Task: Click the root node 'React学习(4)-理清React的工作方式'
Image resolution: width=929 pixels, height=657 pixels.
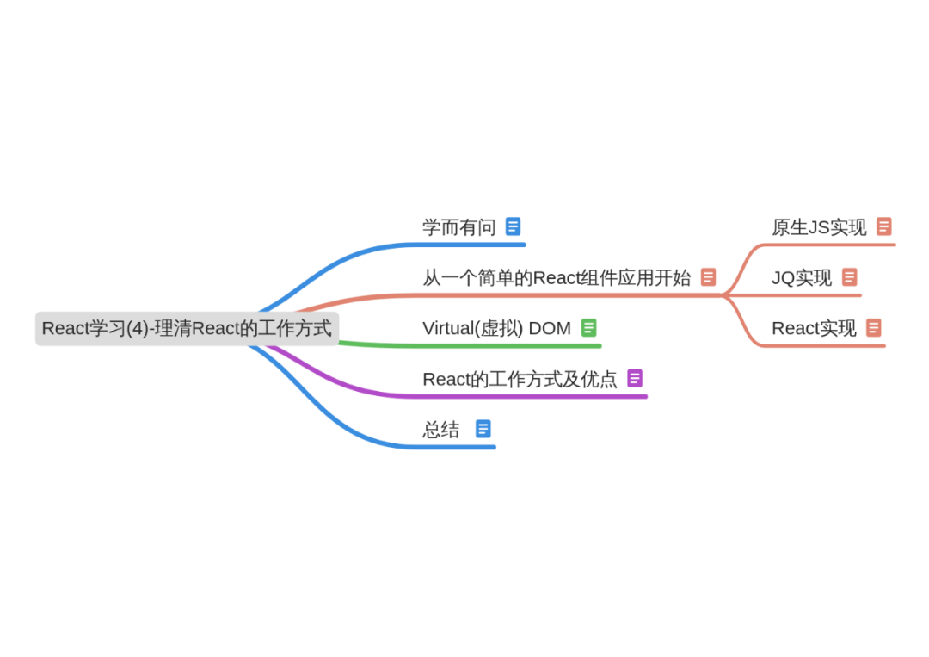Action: (x=187, y=328)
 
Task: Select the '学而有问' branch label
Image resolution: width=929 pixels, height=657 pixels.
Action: (x=458, y=227)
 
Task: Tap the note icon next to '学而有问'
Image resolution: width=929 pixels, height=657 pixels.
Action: (x=514, y=226)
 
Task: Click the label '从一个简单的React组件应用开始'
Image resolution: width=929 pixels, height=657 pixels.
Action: (x=557, y=277)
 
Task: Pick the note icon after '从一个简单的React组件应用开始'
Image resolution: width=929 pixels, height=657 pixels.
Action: (x=709, y=276)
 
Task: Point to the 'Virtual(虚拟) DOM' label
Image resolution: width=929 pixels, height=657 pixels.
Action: (x=496, y=328)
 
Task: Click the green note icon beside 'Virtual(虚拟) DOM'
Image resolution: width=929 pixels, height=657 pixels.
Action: (x=589, y=327)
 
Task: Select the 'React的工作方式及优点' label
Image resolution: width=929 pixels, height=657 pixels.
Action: (x=520, y=379)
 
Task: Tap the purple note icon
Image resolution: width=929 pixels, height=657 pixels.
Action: (x=635, y=378)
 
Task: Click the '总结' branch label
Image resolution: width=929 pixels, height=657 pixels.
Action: (x=441, y=430)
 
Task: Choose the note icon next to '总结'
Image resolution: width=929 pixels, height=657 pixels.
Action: (x=483, y=429)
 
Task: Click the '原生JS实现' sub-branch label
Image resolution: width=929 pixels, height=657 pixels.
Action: (x=819, y=227)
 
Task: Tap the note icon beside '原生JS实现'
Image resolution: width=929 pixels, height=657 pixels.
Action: (x=884, y=226)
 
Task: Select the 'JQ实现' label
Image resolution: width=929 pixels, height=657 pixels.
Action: (x=802, y=277)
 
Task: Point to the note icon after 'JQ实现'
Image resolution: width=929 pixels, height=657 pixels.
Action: (x=850, y=276)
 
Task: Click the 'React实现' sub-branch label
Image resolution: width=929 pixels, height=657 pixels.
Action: (x=814, y=328)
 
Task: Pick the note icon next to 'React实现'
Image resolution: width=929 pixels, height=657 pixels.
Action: (x=874, y=327)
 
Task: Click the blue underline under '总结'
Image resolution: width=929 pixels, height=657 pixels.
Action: (x=456, y=446)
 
